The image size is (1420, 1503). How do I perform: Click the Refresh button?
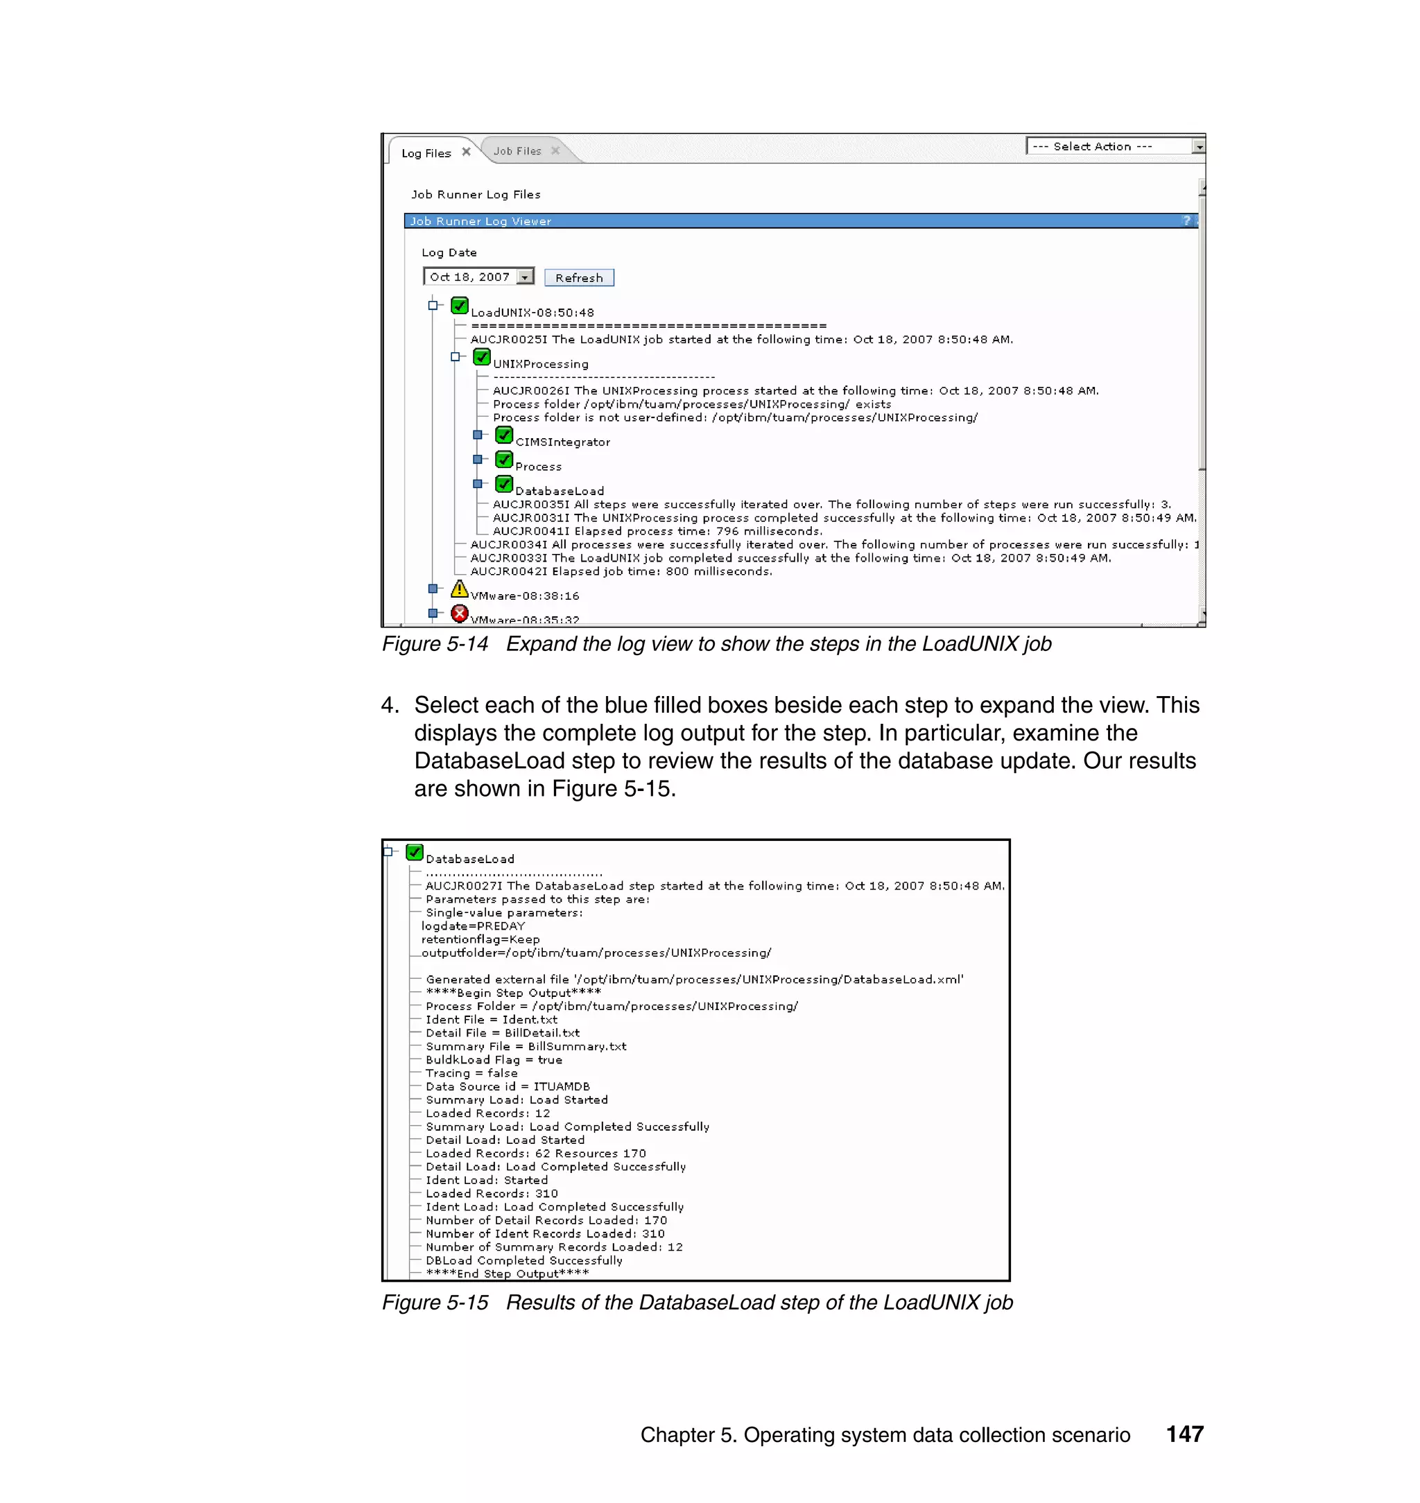click(x=578, y=278)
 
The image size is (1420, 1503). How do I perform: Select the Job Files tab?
click(x=517, y=151)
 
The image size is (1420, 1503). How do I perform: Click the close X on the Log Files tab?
click(x=466, y=151)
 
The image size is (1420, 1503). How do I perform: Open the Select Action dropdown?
click(x=1198, y=147)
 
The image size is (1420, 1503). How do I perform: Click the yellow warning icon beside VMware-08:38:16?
click(x=459, y=588)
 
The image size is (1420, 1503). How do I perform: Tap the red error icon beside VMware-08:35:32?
click(x=459, y=613)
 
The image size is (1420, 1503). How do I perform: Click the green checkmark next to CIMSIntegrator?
click(x=503, y=435)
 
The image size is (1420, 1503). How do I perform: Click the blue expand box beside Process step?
click(x=478, y=460)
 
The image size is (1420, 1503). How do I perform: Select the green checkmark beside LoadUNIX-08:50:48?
click(x=459, y=306)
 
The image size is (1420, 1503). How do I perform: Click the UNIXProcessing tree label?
click(x=540, y=364)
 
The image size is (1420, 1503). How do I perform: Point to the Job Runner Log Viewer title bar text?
click(x=480, y=221)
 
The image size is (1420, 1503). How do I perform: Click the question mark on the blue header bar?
click(x=1186, y=221)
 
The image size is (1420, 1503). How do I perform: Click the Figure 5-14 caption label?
click(x=435, y=644)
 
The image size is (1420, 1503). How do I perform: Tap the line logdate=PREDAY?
click(x=473, y=926)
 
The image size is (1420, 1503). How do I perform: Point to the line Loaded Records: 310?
click(x=492, y=1194)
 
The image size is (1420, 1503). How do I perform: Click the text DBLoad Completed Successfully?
click(x=523, y=1260)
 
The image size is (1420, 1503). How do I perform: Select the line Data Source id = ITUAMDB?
click(x=507, y=1086)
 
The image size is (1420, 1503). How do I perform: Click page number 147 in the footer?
click(x=1184, y=1434)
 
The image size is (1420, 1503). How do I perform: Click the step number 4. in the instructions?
click(x=390, y=705)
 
